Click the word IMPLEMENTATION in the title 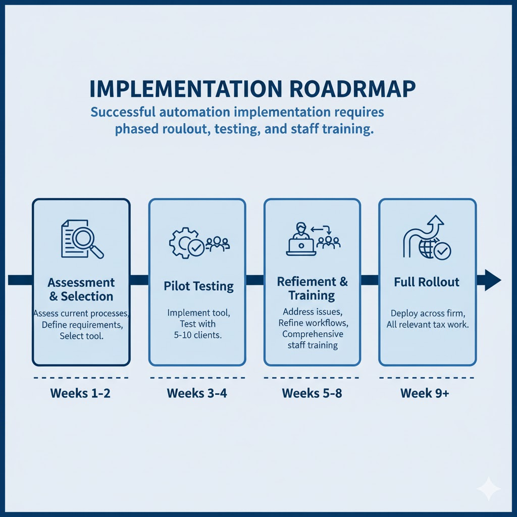[186, 88]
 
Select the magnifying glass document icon [82, 239]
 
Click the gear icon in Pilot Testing [184, 243]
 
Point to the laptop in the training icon [301, 246]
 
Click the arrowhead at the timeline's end [493, 280]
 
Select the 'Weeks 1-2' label [80, 393]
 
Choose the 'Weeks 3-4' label [197, 393]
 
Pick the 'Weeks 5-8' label [312, 393]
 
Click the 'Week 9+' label [425, 393]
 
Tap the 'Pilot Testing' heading [198, 286]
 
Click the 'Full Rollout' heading [427, 282]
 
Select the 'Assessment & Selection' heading [81, 289]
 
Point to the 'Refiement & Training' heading [312, 288]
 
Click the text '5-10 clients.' [198, 335]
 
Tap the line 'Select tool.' [81, 336]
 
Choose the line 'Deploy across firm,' [428, 313]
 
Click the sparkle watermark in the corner [489, 489]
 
